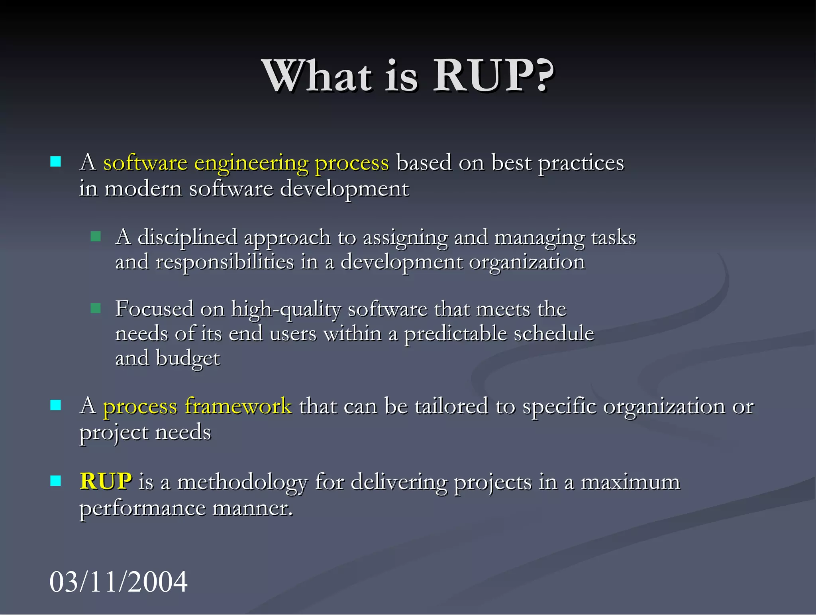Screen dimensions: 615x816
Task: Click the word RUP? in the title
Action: tap(493, 76)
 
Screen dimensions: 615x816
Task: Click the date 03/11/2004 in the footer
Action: tap(118, 581)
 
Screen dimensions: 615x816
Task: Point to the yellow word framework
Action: tap(238, 406)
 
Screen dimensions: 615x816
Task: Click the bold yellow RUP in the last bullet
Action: tap(106, 481)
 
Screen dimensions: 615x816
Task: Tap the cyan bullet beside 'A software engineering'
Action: tap(56, 162)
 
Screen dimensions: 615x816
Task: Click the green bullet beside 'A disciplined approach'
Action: tap(96, 237)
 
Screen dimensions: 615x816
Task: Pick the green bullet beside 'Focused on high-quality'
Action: tap(96, 308)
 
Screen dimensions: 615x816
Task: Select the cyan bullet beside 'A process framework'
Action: tap(56, 405)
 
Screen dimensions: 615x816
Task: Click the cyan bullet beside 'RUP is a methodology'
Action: tap(56, 481)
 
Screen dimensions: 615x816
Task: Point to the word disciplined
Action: tap(187, 238)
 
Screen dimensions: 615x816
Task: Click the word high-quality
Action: tap(286, 309)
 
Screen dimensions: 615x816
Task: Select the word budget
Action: tap(188, 358)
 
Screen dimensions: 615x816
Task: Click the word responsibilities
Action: tap(225, 262)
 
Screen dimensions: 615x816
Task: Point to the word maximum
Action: tap(630, 482)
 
